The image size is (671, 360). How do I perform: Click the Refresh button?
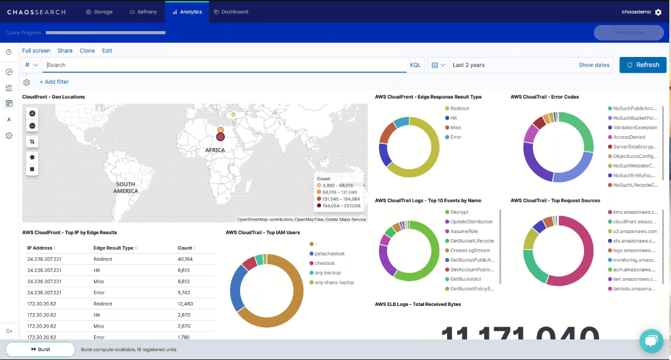[643, 65]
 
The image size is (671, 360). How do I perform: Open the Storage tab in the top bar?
[99, 12]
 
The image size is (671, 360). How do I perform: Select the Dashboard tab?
[231, 12]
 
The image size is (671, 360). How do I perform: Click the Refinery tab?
[143, 12]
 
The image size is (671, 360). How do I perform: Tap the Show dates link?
[594, 65]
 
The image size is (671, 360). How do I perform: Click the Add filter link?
[54, 82]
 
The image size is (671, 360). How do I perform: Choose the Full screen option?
[36, 51]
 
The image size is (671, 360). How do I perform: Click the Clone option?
[88, 51]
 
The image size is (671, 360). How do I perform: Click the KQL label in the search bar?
[415, 65]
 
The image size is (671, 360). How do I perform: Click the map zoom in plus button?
[32, 113]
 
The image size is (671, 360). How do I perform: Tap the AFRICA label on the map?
[214, 150]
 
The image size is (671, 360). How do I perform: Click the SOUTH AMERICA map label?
[126, 187]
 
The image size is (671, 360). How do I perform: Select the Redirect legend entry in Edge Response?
[459, 109]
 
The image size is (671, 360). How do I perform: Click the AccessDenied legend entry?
[629, 137]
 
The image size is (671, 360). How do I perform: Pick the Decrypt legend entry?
[459, 212]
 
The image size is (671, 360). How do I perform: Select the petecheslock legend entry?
[330, 254]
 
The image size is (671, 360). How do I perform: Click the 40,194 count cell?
[185, 259]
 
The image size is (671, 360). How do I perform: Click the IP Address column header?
[40, 248]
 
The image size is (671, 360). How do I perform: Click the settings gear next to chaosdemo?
[658, 12]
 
